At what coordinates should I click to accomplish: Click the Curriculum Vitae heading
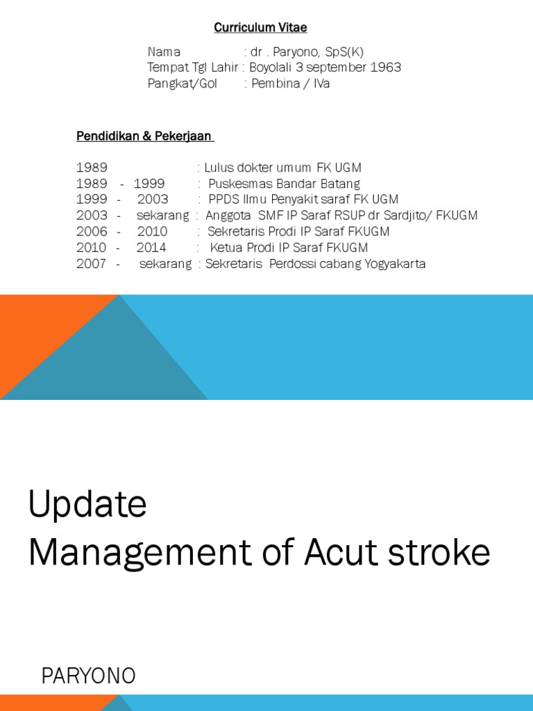pyautogui.click(x=260, y=28)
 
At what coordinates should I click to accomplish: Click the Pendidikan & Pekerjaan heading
pyautogui.click(x=144, y=136)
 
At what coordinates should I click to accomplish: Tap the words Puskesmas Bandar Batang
pyautogui.click(x=285, y=184)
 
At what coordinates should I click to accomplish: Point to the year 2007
pyautogui.click(x=92, y=264)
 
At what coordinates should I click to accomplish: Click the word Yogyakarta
pyautogui.click(x=395, y=264)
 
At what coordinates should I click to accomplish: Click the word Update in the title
pyautogui.click(x=87, y=505)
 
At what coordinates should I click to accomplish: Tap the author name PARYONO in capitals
pyautogui.click(x=89, y=676)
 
